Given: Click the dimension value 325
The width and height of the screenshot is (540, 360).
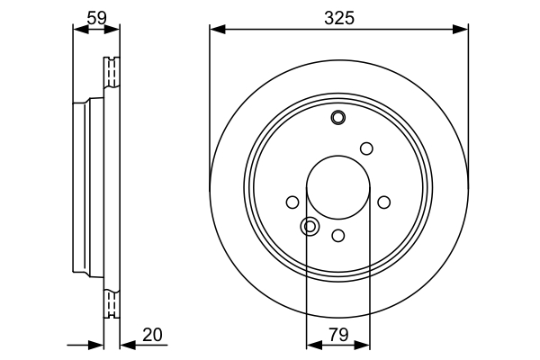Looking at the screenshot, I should [338, 17].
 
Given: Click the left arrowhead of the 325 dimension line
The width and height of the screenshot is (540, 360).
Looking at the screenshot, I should [216, 29].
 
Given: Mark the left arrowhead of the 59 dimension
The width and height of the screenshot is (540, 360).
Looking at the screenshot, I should [77, 29].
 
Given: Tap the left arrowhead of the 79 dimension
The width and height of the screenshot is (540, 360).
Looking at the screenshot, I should [312, 344].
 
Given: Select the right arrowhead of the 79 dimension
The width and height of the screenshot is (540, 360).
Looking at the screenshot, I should [364, 344].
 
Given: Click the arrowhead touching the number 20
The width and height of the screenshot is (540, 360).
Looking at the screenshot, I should [127, 344].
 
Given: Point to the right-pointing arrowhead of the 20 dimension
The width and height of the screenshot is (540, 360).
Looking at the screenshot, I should [97, 344].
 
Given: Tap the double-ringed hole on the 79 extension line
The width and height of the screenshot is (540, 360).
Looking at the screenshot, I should [310, 226].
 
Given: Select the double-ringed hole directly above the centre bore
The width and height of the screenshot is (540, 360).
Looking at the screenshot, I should [338, 117].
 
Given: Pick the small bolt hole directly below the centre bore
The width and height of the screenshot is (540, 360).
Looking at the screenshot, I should [338, 236].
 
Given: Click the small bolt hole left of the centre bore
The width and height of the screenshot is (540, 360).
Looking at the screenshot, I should [292, 202].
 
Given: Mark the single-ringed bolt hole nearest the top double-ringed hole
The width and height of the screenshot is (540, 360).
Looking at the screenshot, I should [366, 148].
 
